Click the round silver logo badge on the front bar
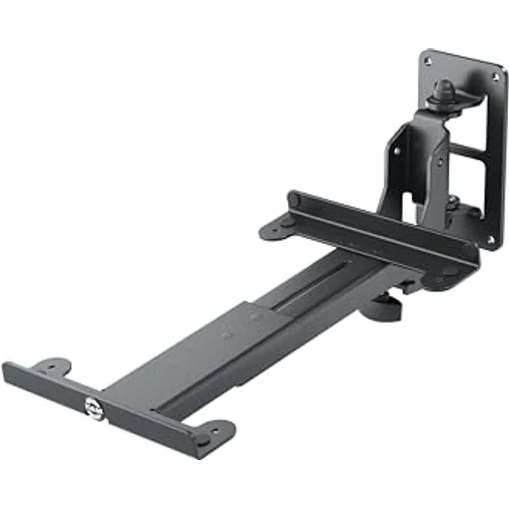92,407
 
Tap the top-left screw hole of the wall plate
428,62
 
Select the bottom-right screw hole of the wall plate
490,239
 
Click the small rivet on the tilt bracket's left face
396,150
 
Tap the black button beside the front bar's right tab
202,440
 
